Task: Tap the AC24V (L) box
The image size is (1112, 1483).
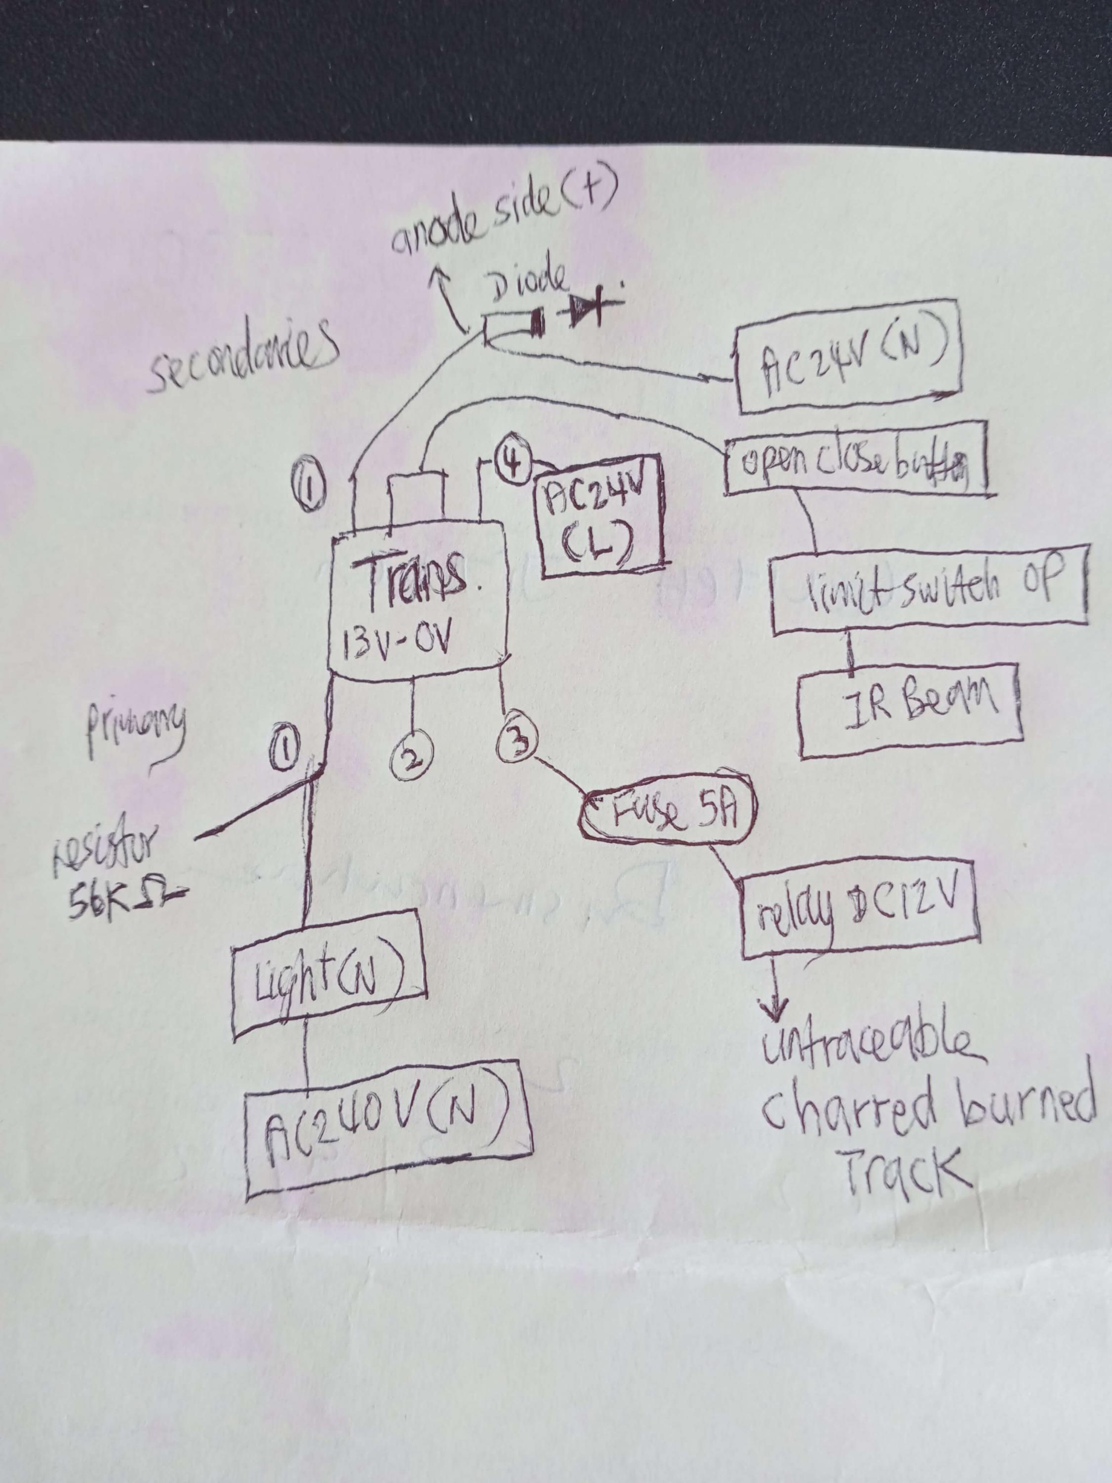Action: point(600,516)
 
